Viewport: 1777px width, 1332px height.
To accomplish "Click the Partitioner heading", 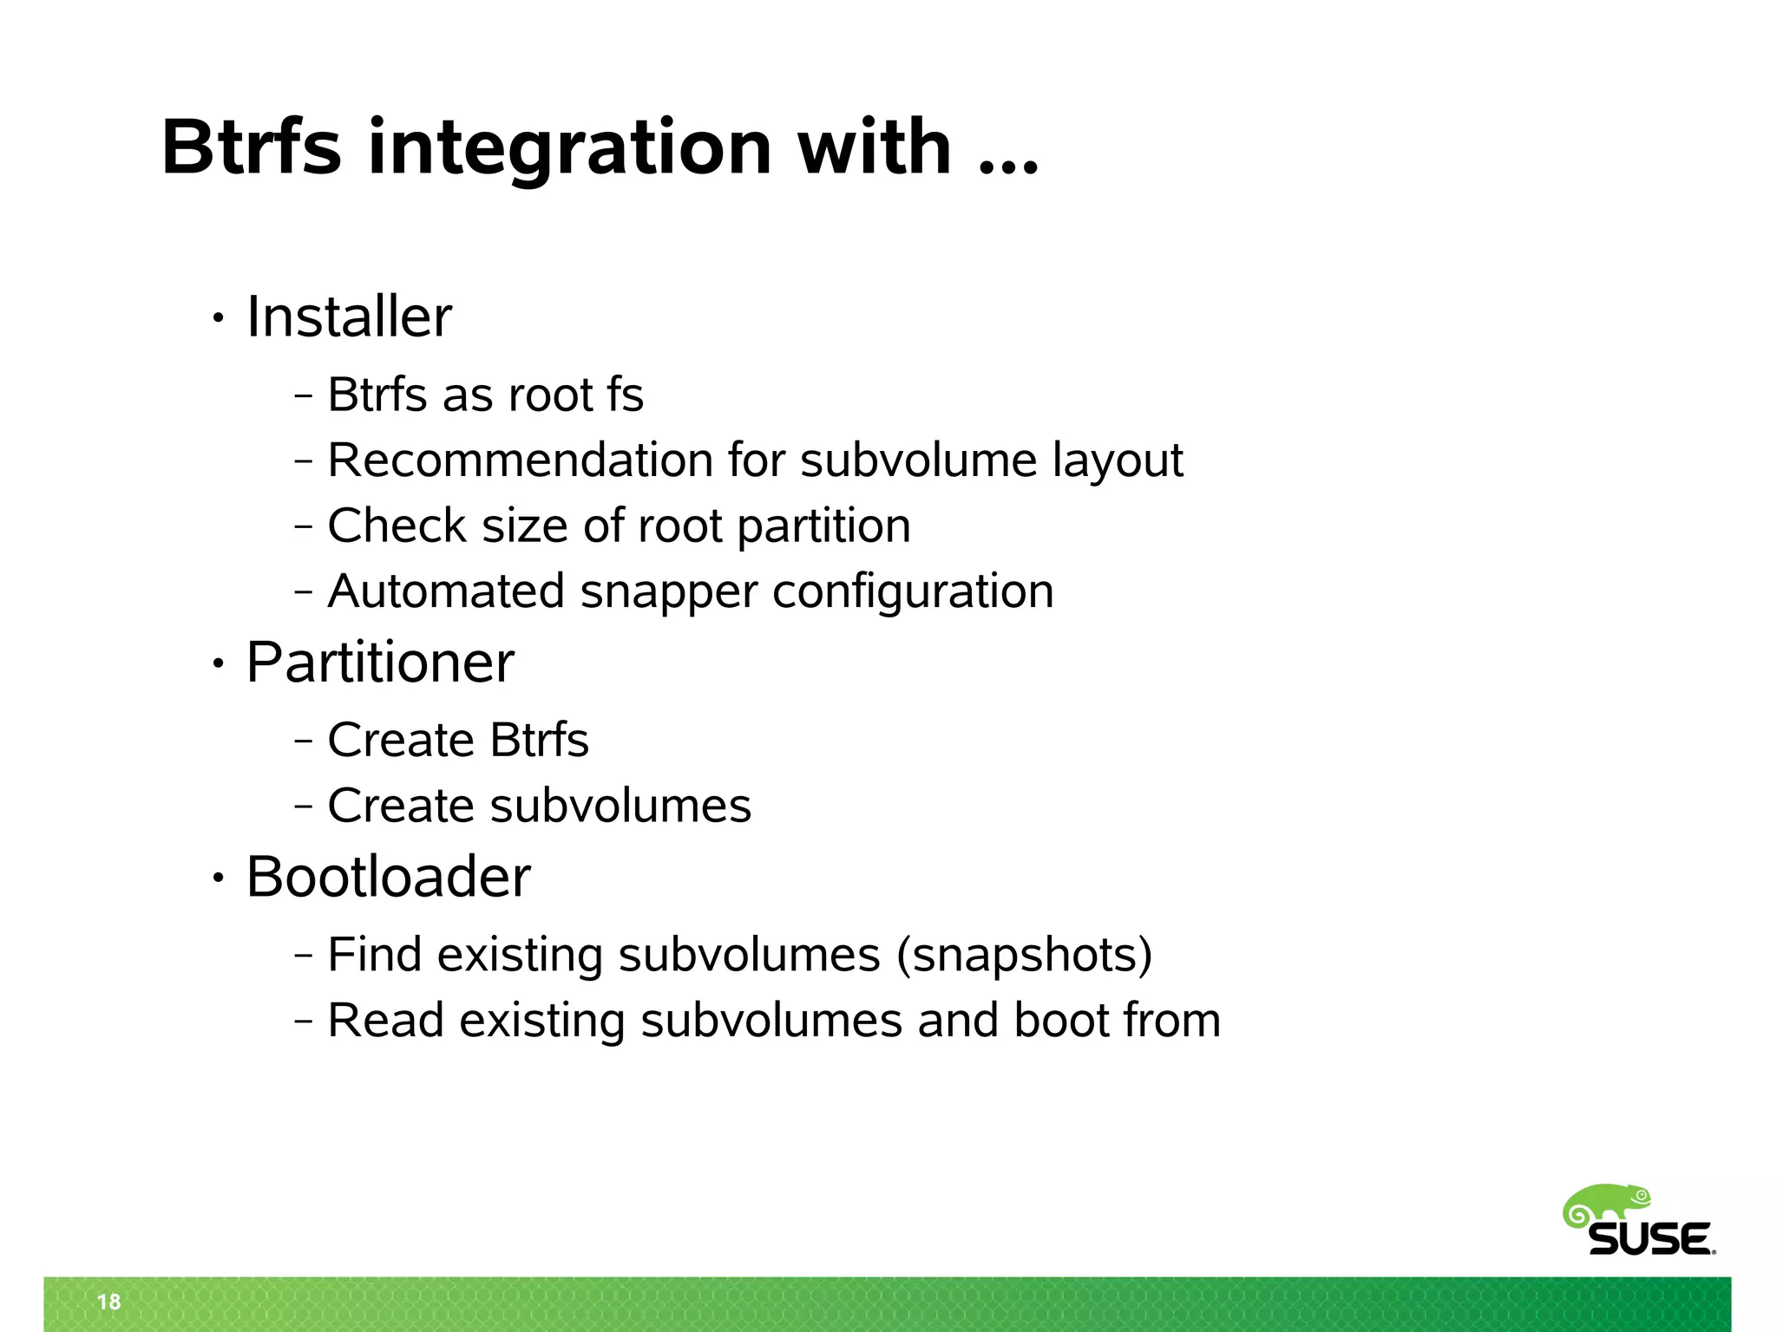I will (x=380, y=662).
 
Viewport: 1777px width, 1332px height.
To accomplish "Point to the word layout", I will (x=1118, y=460).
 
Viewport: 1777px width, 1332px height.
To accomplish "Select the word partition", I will (x=823, y=526).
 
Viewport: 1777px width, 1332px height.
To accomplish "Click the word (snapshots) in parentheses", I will (x=1024, y=955).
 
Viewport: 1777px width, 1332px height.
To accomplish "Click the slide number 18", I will (x=109, y=1302).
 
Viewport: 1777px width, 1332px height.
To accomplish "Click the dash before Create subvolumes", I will (x=303, y=806).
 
